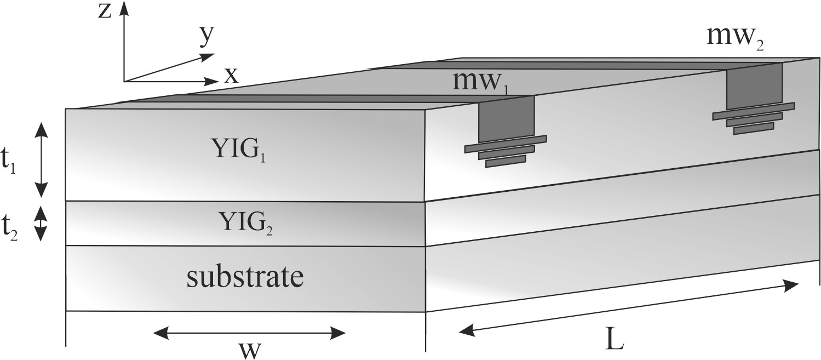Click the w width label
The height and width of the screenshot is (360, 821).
coord(249,349)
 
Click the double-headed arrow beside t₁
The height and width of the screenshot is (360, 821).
coord(42,159)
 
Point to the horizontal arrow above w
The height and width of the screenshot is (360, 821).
coord(249,332)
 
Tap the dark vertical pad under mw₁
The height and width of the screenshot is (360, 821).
coord(506,118)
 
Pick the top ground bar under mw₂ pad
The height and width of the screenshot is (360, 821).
coord(754,110)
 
